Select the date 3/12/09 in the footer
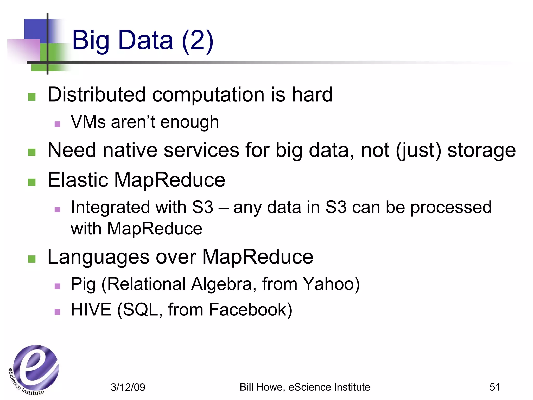(x=128, y=387)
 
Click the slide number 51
(x=495, y=387)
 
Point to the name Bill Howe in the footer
(x=262, y=387)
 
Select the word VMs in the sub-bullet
(x=88, y=122)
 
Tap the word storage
(x=481, y=151)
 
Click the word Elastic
(x=78, y=180)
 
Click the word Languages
(x=98, y=257)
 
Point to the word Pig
(x=83, y=284)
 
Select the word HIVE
(x=91, y=310)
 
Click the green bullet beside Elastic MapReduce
(x=32, y=182)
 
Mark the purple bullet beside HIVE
(x=58, y=312)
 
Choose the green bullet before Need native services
(x=32, y=152)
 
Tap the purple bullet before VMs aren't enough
(x=58, y=124)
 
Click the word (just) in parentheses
(x=418, y=151)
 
